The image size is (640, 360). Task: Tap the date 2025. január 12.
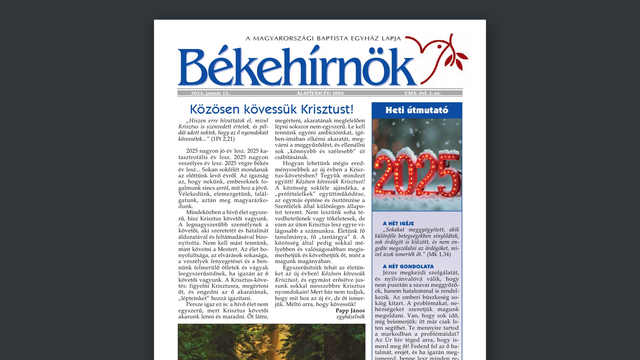210,93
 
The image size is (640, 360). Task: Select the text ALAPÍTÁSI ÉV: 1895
320,93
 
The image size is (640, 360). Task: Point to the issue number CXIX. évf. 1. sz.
423,93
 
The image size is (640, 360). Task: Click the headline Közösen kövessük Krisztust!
271,109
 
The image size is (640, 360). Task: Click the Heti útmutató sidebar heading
417,110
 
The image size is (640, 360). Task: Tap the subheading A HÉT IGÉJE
398,224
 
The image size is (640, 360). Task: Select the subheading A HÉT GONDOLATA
408,267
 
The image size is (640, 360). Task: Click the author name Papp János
350,311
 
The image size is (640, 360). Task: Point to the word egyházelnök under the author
351,317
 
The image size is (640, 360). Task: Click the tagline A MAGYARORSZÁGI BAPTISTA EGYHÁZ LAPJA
323,39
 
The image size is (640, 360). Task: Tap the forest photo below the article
271,342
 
